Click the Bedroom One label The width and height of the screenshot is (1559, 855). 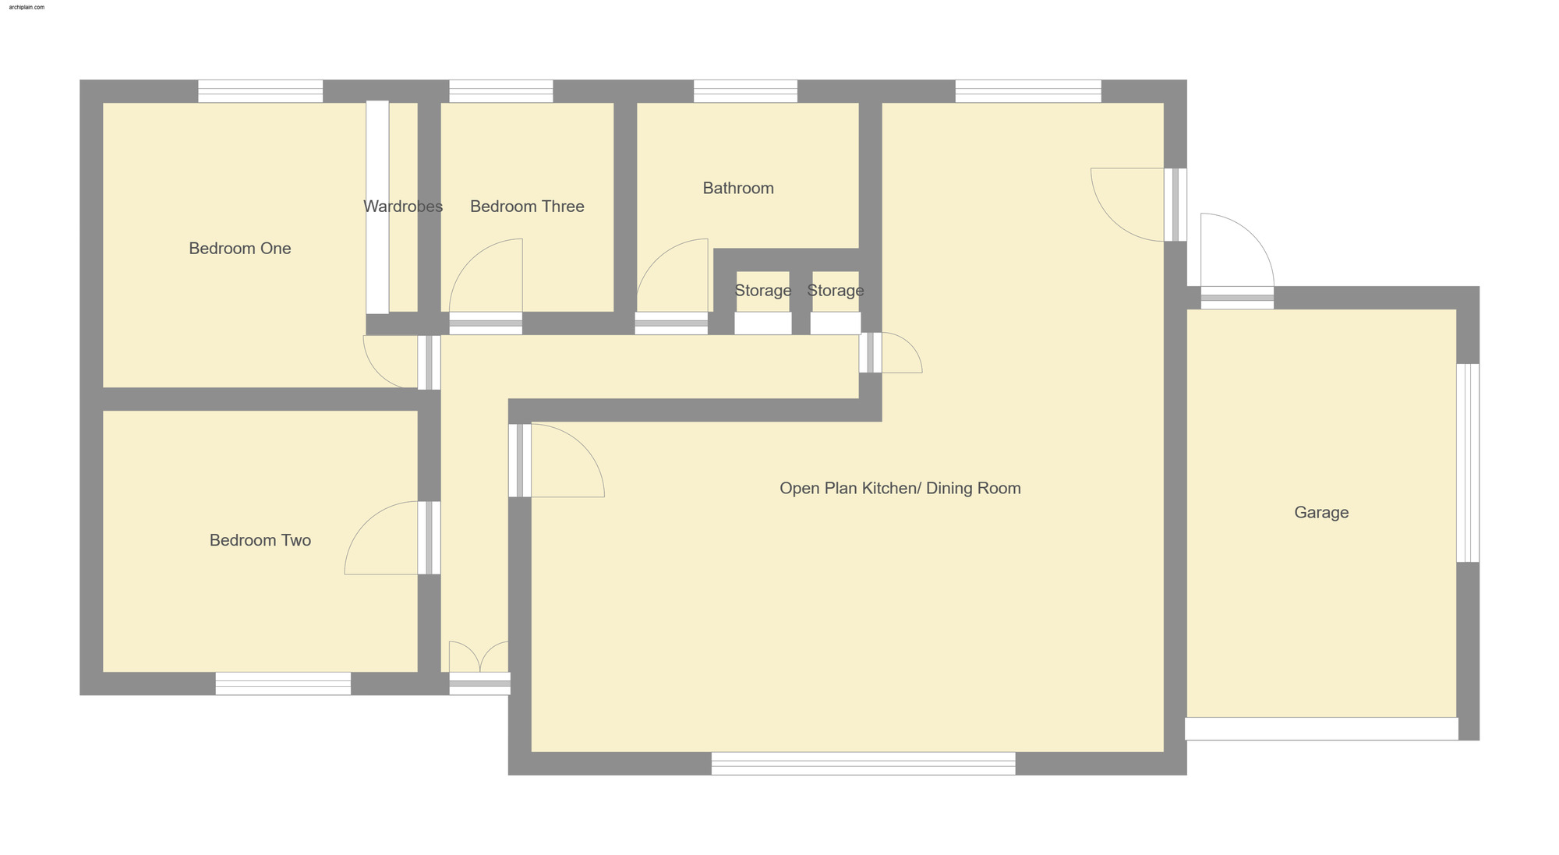click(240, 249)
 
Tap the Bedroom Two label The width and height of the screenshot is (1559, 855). click(260, 540)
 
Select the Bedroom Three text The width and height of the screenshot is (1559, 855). click(527, 207)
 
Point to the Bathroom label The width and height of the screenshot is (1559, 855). click(738, 188)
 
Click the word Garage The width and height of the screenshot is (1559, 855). click(1321, 512)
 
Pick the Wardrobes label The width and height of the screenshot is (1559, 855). click(403, 207)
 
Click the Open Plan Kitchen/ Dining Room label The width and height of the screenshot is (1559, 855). click(900, 488)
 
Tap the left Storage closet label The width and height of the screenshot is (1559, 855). click(763, 291)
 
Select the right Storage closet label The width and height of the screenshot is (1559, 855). click(836, 291)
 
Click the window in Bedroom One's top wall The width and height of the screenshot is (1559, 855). click(260, 91)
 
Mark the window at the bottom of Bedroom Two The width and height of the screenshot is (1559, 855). click(283, 684)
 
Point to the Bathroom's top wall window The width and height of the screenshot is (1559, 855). click(745, 91)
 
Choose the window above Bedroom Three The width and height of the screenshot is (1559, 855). click(501, 91)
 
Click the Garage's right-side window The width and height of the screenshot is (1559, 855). click(1468, 462)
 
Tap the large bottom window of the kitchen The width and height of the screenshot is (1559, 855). click(863, 763)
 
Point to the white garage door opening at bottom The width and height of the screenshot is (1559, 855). click(1321, 729)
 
